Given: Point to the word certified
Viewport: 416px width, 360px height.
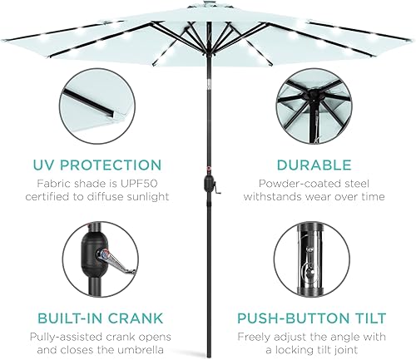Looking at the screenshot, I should pyautogui.click(x=64, y=196).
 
